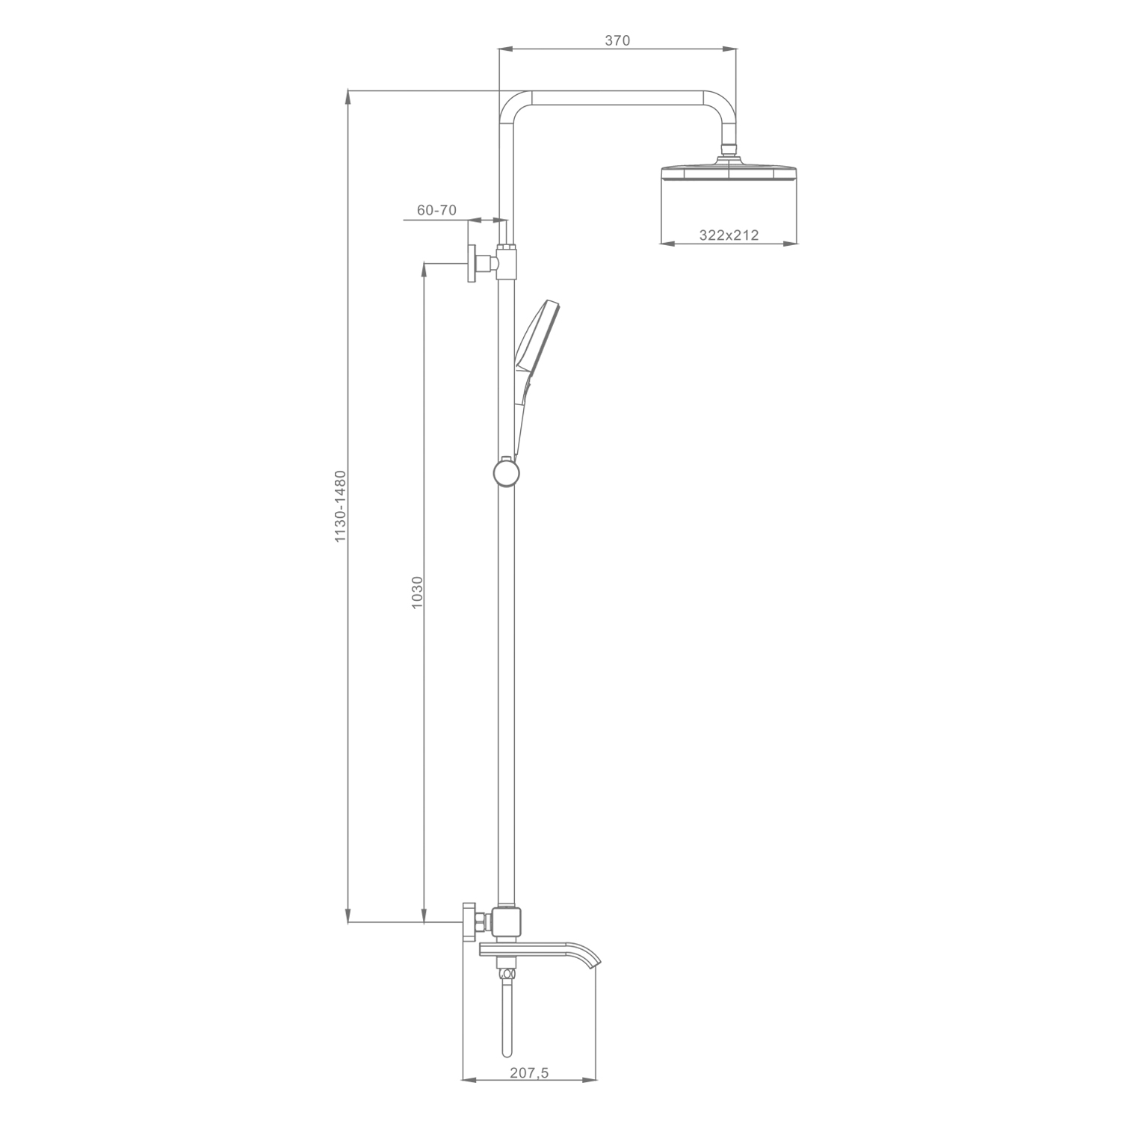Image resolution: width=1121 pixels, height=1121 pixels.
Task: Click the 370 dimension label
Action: coord(617,41)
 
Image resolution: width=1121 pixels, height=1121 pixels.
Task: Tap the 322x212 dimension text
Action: coord(729,235)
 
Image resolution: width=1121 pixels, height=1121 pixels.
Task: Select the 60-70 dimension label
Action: coord(436,210)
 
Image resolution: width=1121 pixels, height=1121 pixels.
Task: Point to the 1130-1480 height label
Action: coord(340,506)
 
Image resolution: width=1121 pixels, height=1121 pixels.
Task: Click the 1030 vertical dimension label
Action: coord(417,591)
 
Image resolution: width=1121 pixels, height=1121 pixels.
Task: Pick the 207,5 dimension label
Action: coord(529,1073)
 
